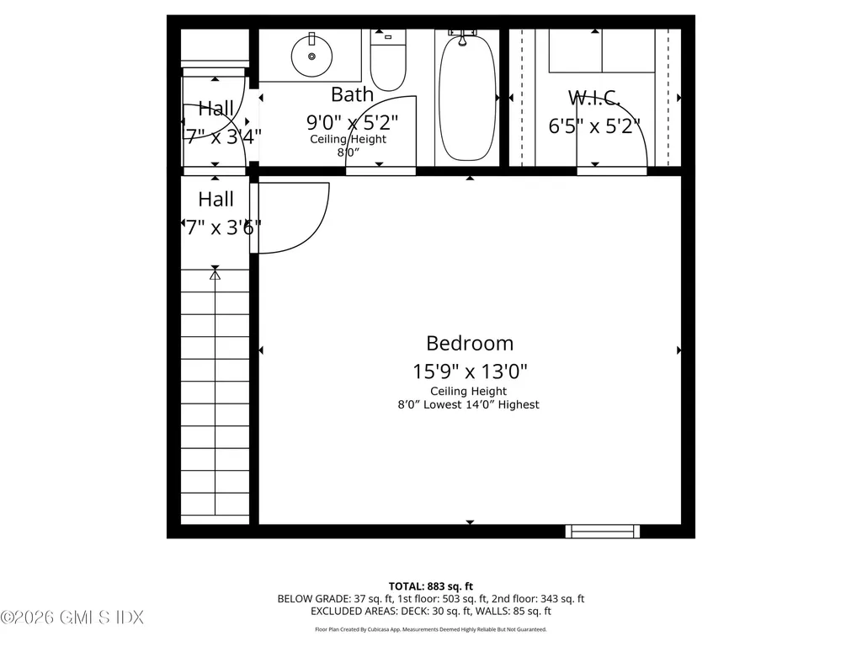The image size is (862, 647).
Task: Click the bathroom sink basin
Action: [x=312, y=56]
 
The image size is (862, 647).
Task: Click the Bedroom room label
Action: [x=470, y=343]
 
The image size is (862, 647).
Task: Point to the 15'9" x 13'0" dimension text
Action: [x=470, y=371]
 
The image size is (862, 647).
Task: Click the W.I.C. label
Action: [x=594, y=98]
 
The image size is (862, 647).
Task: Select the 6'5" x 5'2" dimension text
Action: [x=594, y=126]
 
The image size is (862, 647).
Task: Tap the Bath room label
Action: [x=352, y=94]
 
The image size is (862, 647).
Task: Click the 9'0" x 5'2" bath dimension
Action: [x=352, y=121]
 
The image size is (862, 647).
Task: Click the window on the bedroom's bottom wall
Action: [x=602, y=531]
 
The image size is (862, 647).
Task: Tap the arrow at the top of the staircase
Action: [x=215, y=273]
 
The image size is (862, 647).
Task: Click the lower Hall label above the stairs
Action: [x=216, y=200]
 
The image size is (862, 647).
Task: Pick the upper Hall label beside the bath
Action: [x=216, y=108]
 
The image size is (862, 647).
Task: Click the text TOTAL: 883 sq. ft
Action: [x=430, y=586]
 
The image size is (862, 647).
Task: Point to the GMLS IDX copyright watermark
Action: [x=72, y=618]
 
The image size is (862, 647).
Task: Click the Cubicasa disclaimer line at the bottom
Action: [x=430, y=629]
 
